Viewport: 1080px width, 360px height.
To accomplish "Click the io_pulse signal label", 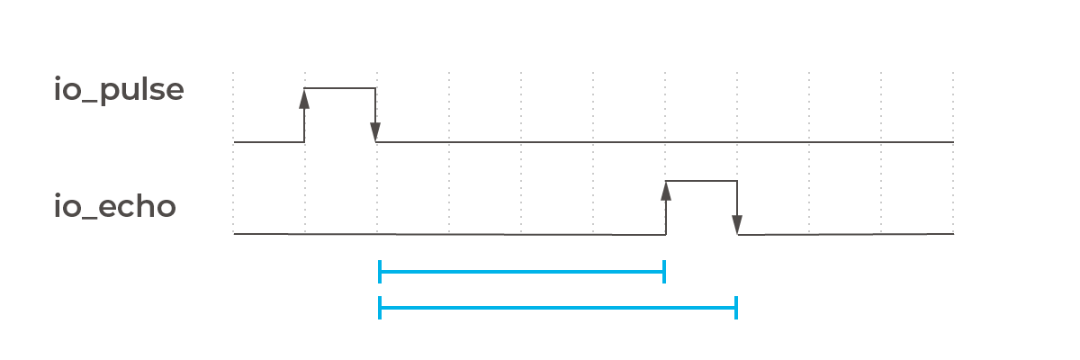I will pos(119,91).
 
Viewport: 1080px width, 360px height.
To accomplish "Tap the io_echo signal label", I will pos(114,207).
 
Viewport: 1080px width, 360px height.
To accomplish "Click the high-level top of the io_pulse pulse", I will pos(340,88).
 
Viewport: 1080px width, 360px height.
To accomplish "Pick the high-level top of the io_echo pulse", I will pos(702,182).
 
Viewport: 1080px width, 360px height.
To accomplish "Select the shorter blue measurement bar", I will pos(522,271).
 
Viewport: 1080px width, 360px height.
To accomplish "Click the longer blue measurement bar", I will pos(558,308).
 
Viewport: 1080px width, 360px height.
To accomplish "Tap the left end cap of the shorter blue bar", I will pos(381,271).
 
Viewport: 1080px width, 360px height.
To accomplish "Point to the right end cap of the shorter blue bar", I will pos(664,271).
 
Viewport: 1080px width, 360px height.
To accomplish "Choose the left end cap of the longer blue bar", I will pos(381,308).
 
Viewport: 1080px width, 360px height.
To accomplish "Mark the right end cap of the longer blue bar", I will pos(736,308).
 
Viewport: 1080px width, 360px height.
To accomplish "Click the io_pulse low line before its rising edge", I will pos(268,142).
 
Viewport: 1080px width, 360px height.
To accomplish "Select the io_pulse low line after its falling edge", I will pos(666,142).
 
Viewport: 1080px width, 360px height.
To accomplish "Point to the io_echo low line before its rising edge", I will pos(450,234).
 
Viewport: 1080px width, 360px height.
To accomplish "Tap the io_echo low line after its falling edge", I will pos(846,234).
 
